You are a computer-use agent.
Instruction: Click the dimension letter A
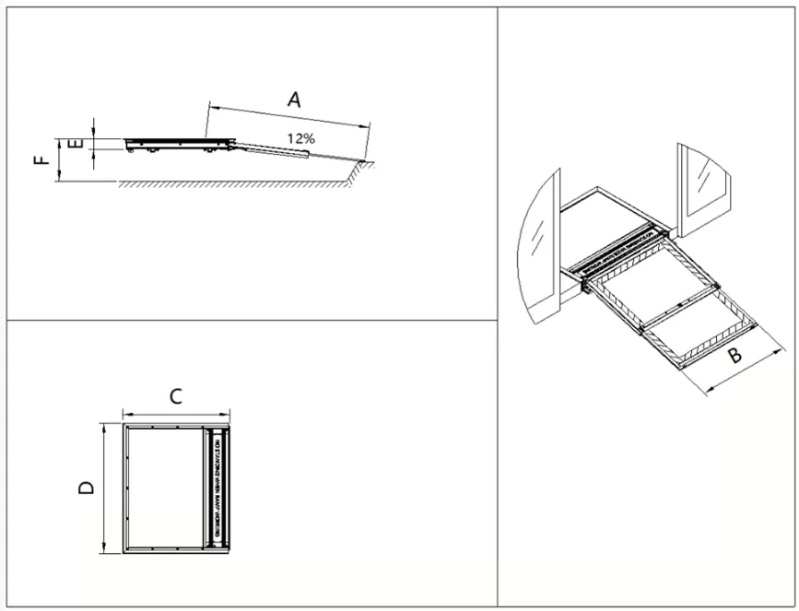point(293,100)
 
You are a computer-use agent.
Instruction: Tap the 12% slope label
point(300,137)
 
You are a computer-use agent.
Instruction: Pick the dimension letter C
point(175,396)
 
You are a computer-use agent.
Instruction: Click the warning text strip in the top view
point(217,488)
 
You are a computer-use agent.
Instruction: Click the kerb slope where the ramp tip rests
point(362,167)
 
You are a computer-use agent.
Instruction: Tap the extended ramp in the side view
point(286,148)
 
